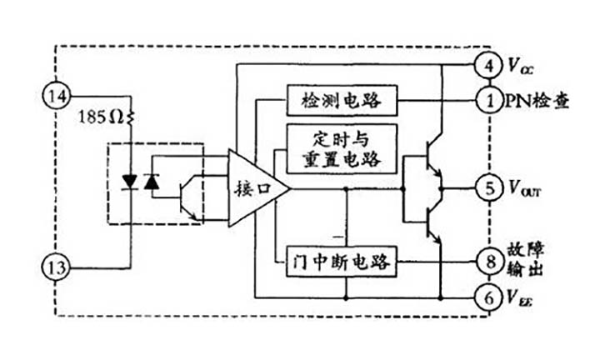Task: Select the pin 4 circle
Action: pos(488,64)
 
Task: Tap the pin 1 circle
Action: pos(488,100)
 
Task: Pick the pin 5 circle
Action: pos(488,188)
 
